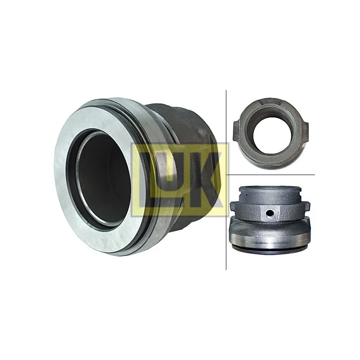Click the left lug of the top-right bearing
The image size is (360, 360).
pos(237,131)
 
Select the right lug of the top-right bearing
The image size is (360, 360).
pos(306,133)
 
